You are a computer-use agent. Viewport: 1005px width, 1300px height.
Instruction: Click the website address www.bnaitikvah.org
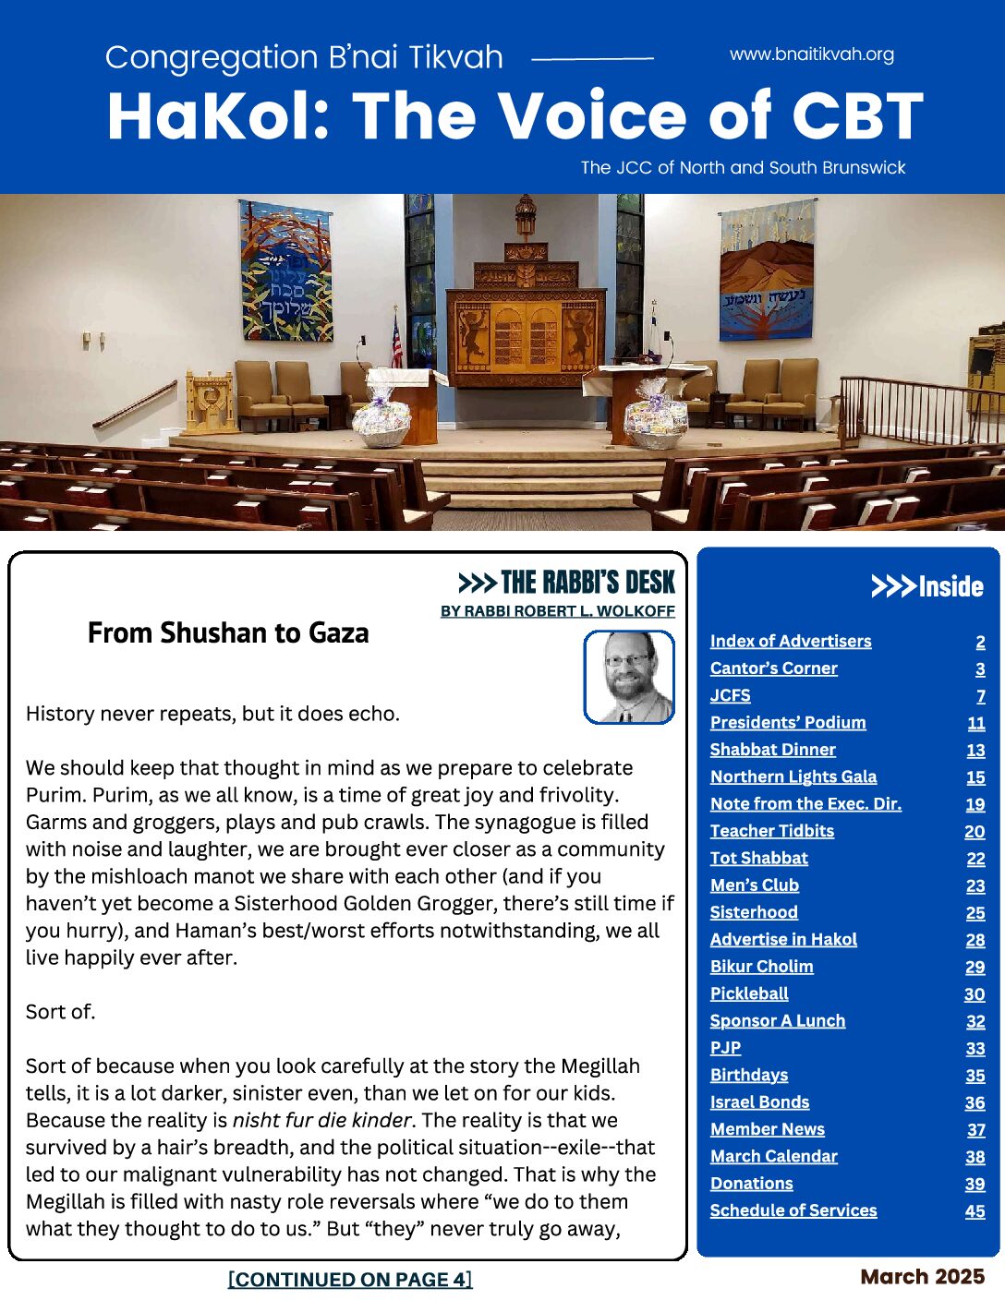(811, 54)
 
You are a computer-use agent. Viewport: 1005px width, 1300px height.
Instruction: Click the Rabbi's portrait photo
(629, 677)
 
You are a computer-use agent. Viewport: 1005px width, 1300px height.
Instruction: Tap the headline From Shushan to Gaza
(228, 633)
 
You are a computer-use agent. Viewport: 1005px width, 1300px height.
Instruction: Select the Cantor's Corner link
(773, 668)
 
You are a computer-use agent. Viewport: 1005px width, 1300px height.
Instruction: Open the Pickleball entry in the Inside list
(749, 994)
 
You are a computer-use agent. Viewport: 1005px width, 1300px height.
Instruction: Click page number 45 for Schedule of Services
(975, 1211)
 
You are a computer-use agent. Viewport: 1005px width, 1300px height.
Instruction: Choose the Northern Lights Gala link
(793, 777)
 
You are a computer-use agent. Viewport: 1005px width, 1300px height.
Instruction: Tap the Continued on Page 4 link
(350, 1280)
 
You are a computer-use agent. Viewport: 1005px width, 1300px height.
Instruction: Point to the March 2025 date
(922, 1277)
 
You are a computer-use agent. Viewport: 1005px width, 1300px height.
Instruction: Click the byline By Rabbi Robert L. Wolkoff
(558, 611)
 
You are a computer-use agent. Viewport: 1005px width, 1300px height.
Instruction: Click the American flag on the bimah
(397, 342)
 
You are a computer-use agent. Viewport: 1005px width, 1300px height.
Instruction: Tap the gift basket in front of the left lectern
(381, 423)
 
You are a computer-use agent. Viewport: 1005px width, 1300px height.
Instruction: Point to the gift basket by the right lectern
(655, 423)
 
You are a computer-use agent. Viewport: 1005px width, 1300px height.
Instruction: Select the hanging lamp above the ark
(525, 214)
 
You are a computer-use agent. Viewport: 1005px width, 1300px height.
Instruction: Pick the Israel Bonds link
(759, 1102)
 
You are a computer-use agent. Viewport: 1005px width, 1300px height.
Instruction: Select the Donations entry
(751, 1184)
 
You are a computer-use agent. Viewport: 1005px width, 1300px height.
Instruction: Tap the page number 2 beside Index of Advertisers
(980, 642)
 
